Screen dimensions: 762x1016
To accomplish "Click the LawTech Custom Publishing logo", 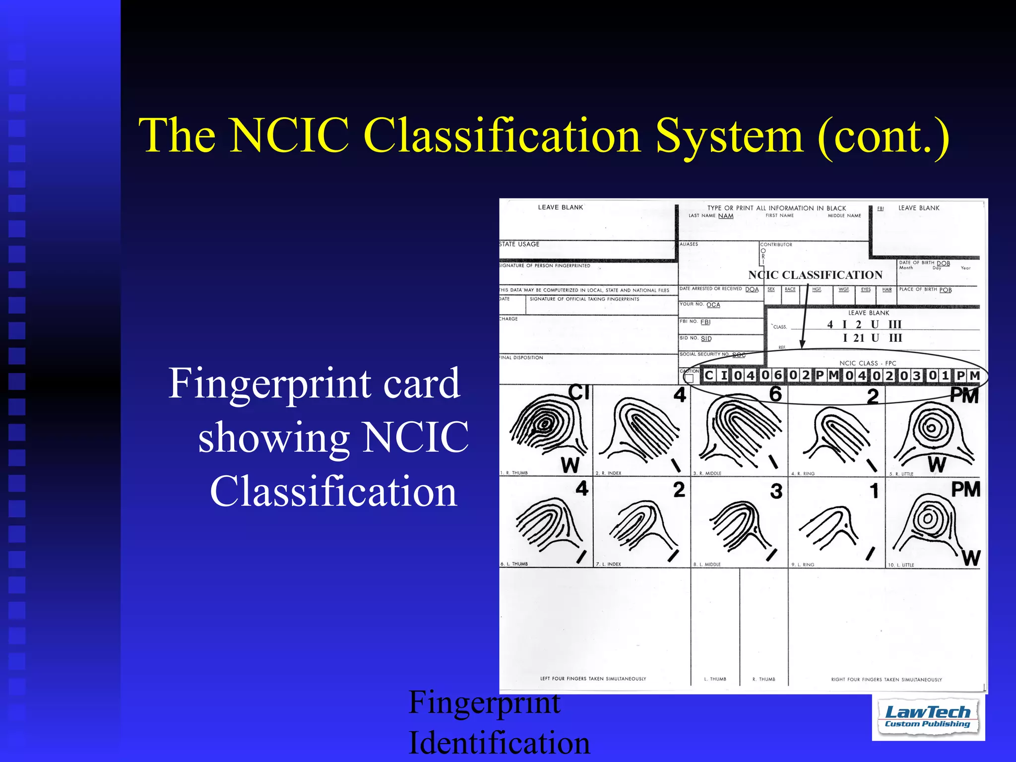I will (928, 717).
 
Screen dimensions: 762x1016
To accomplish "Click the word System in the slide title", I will (729, 135).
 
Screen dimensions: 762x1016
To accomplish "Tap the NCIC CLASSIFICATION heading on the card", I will (815, 275).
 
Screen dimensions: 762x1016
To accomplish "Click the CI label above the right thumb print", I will (578, 392).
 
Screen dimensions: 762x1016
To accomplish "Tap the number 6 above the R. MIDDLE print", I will (775, 394).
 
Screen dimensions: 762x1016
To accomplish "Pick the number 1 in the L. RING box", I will (874, 491).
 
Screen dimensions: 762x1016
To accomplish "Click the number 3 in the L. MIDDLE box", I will (776, 491).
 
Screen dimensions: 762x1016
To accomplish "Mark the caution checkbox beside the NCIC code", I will (689, 379).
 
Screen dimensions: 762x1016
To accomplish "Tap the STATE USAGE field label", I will (519, 244).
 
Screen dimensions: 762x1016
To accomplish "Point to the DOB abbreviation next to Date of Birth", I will (943, 263).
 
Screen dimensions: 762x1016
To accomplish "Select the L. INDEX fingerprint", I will (642, 526).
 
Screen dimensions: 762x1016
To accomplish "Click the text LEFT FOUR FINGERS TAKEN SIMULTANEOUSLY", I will (593, 679).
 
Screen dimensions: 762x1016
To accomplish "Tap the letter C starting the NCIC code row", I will (708, 376).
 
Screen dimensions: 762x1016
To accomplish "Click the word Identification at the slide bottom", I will (499, 743).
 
